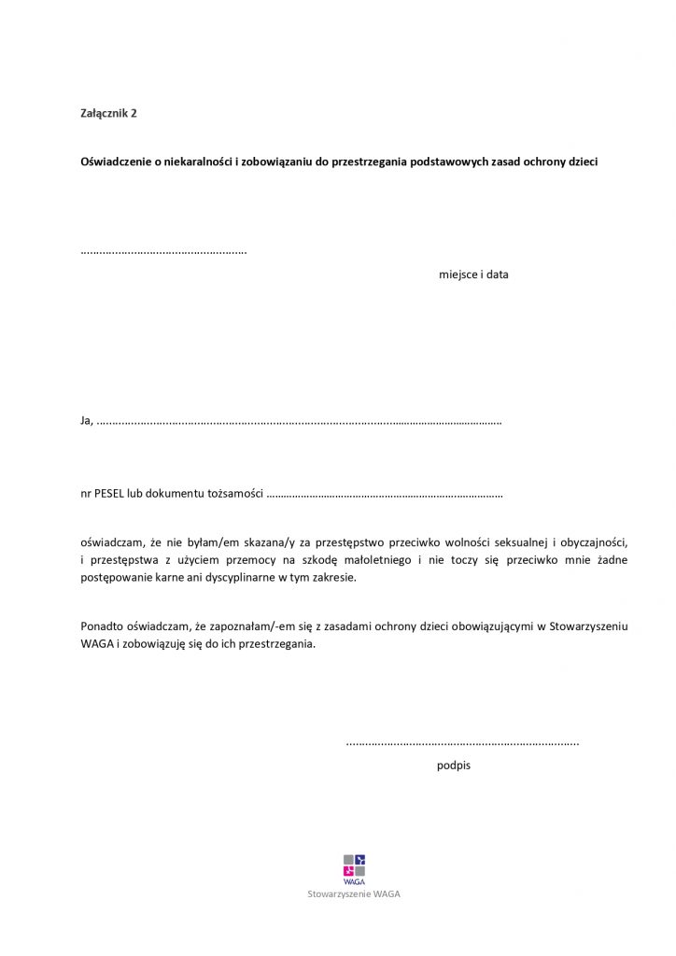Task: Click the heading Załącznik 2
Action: pyautogui.click(x=109, y=113)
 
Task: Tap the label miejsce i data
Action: pyautogui.click(x=473, y=274)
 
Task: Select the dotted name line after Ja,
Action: pyautogui.click(x=299, y=422)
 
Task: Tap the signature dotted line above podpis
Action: pyautogui.click(x=462, y=744)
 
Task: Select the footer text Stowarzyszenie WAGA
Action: pyautogui.click(x=354, y=893)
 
